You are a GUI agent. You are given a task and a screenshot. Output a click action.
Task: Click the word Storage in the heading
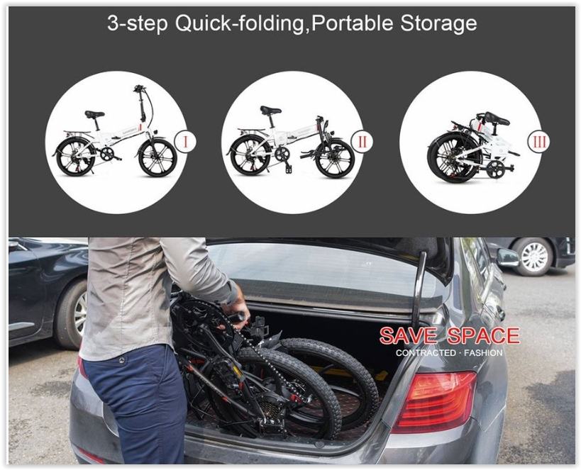(438, 24)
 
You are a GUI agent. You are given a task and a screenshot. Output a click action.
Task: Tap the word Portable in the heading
(352, 23)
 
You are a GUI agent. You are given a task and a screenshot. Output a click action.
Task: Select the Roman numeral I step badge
(185, 142)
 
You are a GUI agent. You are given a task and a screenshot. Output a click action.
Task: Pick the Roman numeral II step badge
(362, 142)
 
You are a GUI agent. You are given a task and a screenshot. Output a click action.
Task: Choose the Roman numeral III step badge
(538, 142)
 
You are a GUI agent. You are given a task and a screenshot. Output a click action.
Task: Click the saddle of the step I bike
(94, 114)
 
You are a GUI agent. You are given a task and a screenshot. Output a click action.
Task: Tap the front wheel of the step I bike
(157, 157)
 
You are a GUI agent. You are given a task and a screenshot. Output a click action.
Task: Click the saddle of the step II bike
(270, 110)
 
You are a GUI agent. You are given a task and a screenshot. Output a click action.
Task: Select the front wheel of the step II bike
(335, 159)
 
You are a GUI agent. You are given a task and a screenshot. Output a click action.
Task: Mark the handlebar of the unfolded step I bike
(140, 89)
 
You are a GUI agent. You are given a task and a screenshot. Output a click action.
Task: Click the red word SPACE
(483, 335)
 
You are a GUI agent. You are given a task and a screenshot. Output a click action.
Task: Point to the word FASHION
(483, 352)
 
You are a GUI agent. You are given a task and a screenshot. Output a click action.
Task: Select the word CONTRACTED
(426, 352)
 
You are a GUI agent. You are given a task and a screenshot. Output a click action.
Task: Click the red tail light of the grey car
(434, 402)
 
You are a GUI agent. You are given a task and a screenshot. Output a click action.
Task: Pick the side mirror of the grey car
(507, 257)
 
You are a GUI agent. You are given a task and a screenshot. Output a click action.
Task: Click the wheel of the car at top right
(534, 257)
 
